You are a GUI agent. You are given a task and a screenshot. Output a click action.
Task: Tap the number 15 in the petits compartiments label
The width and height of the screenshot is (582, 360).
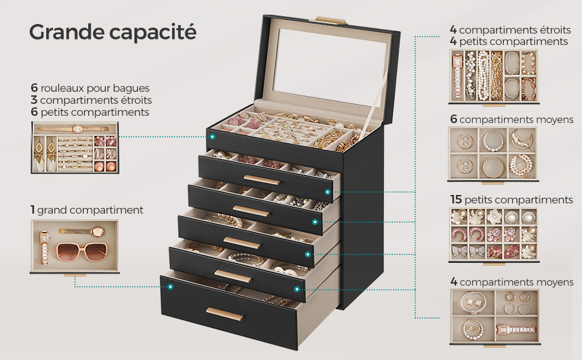pyautogui.click(x=456, y=200)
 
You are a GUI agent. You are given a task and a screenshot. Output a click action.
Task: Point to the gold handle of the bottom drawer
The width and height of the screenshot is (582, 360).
pyautogui.click(x=225, y=314)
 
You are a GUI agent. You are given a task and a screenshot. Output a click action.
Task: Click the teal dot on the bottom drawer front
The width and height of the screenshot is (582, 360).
pyautogui.click(x=170, y=287)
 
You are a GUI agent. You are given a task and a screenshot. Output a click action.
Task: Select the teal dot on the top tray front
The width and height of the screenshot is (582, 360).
pyautogui.click(x=212, y=137)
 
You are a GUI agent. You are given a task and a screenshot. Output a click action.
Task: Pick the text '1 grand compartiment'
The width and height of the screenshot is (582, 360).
pyautogui.click(x=87, y=210)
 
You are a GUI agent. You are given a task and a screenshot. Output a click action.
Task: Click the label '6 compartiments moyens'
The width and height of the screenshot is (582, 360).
pyautogui.click(x=512, y=119)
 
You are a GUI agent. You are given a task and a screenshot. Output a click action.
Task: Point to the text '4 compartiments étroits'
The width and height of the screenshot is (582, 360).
pyautogui.click(x=511, y=29)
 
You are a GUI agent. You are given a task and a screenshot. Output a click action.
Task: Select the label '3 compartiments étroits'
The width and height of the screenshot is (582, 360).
pyautogui.click(x=91, y=100)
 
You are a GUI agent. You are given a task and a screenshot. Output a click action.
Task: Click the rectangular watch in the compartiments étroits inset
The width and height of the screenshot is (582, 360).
pyautogui.click(x=457, y=76)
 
